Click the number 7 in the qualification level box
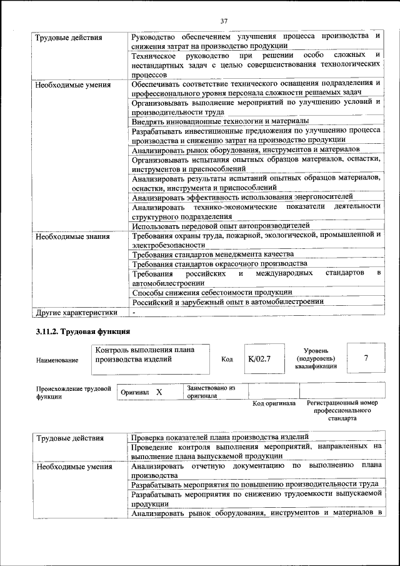[x=366, y=358]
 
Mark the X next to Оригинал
[x=159, y=392]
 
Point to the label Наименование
[x=57, y=360]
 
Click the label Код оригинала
[x=274, y=403]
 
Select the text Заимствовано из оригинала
[x=211, y=392]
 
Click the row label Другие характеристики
[x=76, y=312]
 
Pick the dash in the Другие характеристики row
[x=133, y=312]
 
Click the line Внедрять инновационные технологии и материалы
[x=220, y=121]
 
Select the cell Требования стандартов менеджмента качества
[x=212, y=255]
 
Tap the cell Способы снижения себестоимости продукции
[x=212, y=292]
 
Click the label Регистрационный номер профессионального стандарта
[x=342, y=410]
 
